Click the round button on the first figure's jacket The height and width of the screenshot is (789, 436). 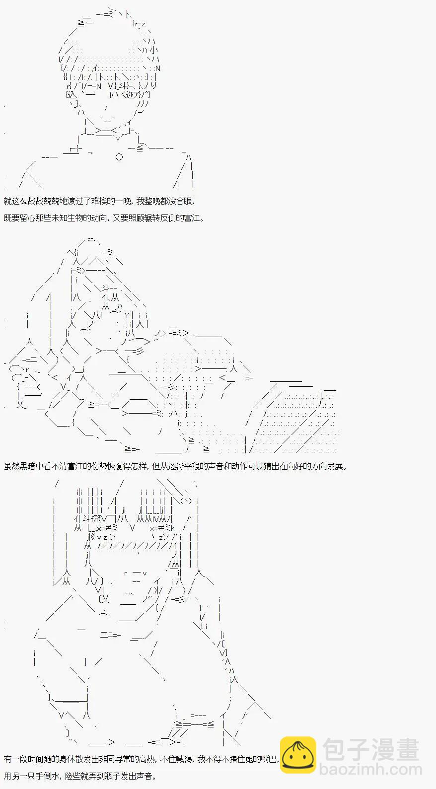(x=119, y=157)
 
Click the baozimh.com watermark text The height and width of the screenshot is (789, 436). (x=370, y=769)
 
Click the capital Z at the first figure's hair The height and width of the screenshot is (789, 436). (x=66, y=42)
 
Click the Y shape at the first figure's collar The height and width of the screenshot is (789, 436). (x=118, y=140)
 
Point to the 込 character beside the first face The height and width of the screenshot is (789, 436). (x=72, y=94)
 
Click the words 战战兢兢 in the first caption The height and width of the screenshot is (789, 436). (x=44, y=201)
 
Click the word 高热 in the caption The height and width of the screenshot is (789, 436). (x=146, y=759)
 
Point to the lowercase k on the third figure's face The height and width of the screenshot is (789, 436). (x=173, y=528)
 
